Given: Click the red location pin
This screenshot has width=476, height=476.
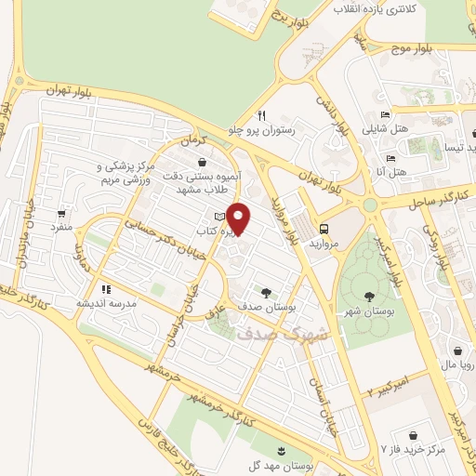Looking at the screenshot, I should (240, 218).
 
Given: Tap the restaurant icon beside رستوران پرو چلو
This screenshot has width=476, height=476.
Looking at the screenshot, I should (262, 115).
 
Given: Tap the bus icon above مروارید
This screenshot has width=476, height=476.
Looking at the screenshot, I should (324, 229).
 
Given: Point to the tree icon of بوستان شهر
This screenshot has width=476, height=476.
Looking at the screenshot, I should (369, 295).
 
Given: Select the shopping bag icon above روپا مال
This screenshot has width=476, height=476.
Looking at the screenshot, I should (457, 351).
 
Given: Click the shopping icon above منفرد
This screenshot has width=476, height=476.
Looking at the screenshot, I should (62, 212).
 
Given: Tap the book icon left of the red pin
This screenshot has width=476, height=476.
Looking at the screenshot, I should (219, 217).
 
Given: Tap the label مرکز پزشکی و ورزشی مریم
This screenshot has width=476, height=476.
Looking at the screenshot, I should (124, 172).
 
